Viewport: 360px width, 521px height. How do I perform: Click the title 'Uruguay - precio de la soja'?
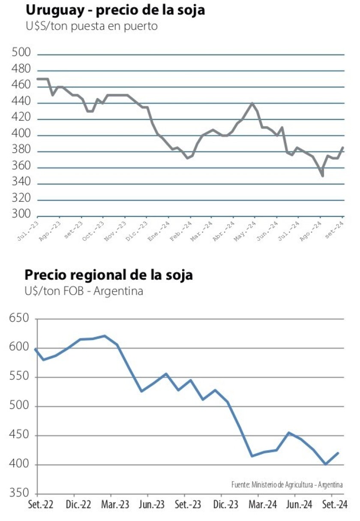point(115,10)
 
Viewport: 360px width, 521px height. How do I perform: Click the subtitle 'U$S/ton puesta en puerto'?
point(91,26)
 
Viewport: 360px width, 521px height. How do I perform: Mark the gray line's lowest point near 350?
point(322,176)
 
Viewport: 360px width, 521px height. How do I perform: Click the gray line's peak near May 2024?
point(252,103)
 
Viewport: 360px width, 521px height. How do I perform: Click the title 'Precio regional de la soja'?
point(108,275)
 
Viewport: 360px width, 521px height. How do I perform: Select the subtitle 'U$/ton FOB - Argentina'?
point(84,292)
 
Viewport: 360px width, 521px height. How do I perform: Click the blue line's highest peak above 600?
point(105,336)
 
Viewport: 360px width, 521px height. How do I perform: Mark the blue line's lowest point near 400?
point(326,464)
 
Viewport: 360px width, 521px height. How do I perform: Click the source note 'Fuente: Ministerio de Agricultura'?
point(287,485)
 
